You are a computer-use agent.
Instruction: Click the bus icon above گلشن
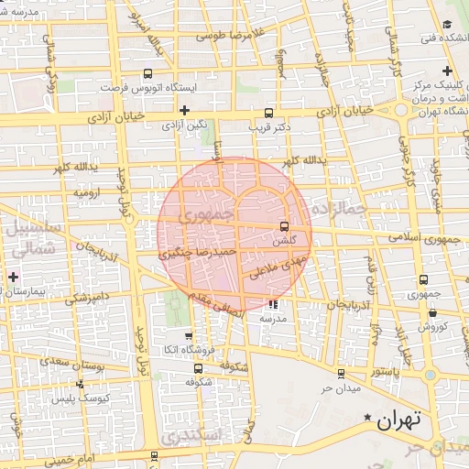click(x=284, y=226)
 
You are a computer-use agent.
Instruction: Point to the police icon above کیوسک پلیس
click(x=81, y=385)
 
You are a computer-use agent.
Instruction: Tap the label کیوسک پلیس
click(x=94, y=398)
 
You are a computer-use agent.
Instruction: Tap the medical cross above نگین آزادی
click(x=185, y=110)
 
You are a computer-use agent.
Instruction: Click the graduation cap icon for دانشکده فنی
click(x=447, y=24)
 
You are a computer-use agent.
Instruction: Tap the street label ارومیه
click(x=87, y=193)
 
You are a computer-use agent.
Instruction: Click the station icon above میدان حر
click(x=341, y=373)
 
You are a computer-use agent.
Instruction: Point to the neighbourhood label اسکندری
click(x=196, y=438)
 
